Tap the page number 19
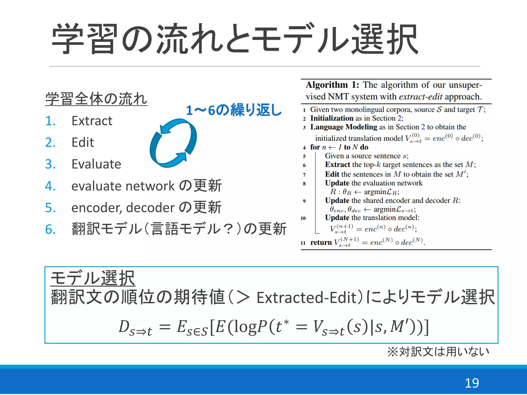pos(472,383)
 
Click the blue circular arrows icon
pos(173,143)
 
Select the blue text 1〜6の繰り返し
pos(234,110)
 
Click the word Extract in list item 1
pos(92,121)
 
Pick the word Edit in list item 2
pos(83,142)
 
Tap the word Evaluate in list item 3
pos(96,164)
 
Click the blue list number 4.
pos(50,186)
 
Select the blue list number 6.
pos(50,229)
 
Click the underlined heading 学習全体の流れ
pos(96,99)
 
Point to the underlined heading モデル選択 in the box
pos(93,278)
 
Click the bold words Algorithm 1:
pos(332,85)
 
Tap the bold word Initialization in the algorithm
pos(332,118)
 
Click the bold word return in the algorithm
pos(321,243)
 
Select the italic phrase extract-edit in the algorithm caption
pos(420,97)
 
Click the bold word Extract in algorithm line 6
pos(337,165)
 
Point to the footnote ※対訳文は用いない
pos(438,352)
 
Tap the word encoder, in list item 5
pos(97,208)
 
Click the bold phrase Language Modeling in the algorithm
pos(344,127)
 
